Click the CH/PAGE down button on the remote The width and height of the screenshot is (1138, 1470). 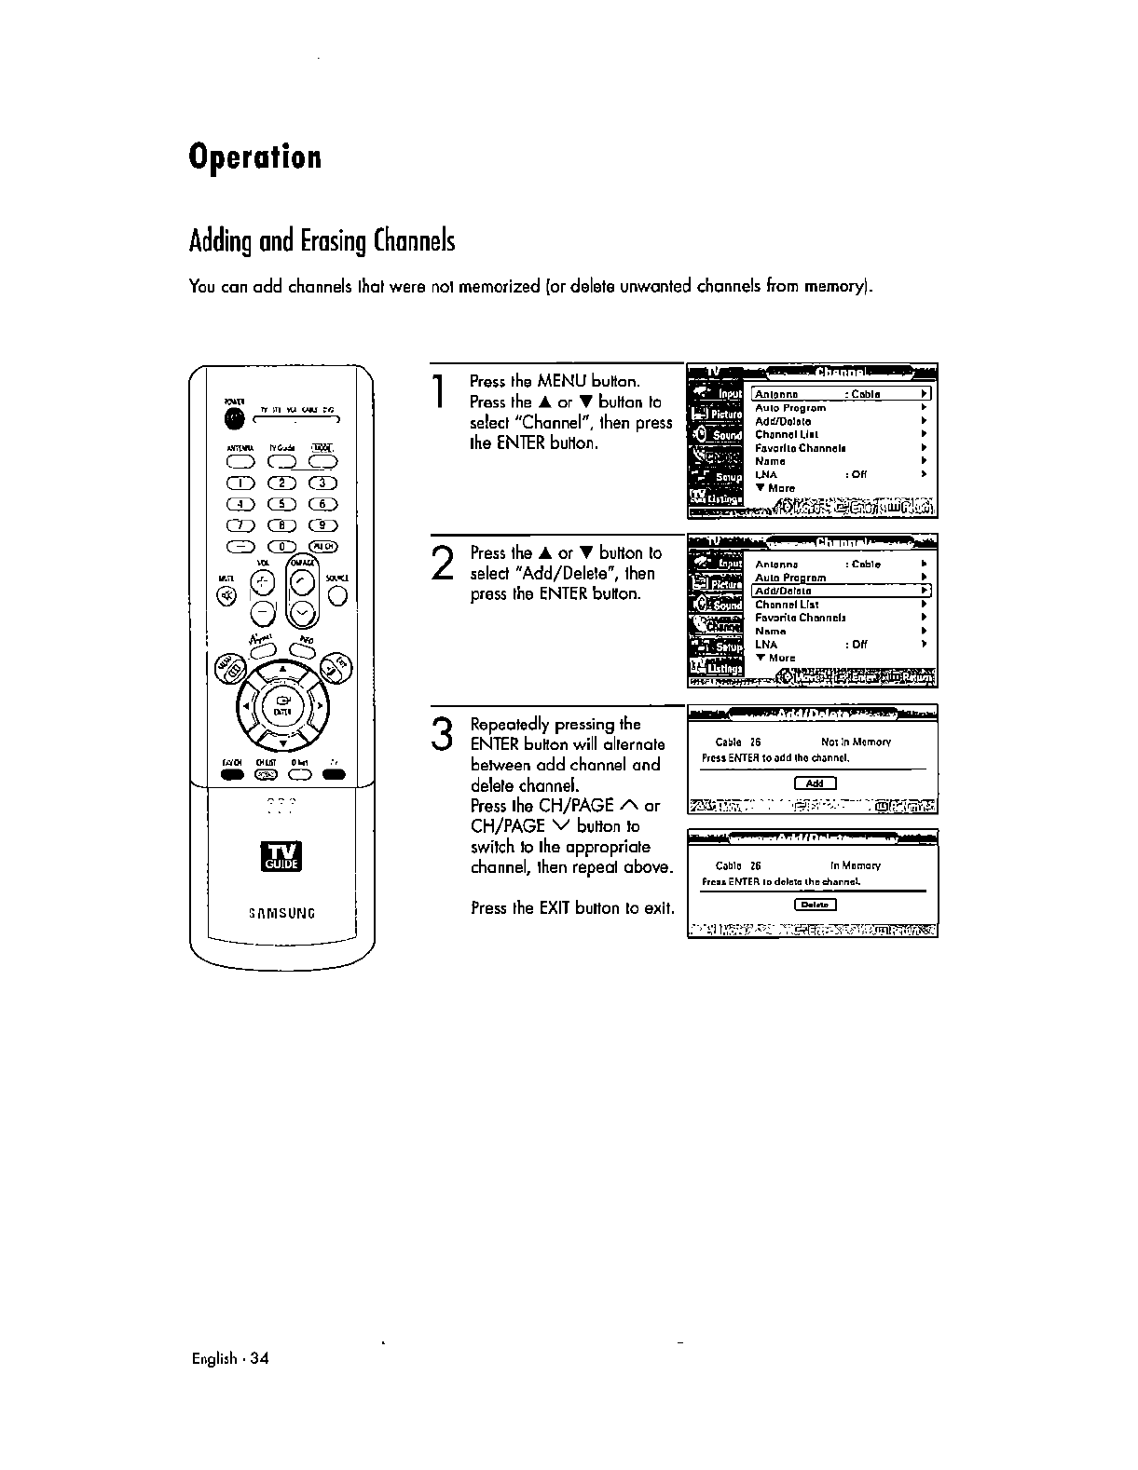304,613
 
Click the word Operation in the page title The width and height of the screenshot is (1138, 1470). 254,157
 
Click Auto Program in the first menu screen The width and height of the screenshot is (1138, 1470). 790,408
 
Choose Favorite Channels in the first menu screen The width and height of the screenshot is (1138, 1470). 800,448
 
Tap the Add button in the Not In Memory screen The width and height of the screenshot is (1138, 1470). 815,783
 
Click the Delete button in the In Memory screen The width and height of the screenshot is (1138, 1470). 815,905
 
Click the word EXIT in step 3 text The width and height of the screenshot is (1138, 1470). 555,907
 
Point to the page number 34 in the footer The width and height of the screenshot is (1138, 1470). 258,1358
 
